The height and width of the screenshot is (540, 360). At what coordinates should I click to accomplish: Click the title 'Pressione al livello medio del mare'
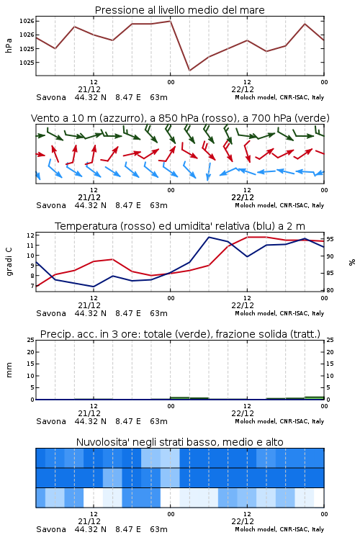click(x=180, y=10)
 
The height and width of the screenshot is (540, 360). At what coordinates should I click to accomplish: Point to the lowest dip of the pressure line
click(x=189, y=71)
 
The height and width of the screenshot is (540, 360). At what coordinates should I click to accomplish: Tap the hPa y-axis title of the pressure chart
click(x=9, y=45)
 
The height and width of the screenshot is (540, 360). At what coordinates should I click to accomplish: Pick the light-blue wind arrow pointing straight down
click(x=209, y=171)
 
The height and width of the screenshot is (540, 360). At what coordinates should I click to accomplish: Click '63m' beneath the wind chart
click(x=159, y=205)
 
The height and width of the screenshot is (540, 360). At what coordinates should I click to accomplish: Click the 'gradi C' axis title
click(x=9, y=262)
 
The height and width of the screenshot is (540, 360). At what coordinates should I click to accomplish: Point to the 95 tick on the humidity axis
click(x=330, y=239)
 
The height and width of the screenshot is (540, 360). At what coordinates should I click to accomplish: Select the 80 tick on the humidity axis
click(x=330, y=290)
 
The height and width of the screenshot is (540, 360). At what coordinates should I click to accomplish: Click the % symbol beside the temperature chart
click(x=352, y=262)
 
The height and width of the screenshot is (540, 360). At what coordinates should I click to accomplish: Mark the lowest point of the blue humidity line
click(x=94, y=287)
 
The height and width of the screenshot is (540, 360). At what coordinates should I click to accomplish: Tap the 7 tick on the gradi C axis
click(x=32, y=286)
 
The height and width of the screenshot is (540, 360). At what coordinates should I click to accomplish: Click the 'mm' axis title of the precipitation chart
click(x=9, y=370)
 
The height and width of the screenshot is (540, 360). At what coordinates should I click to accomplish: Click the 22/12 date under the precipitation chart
click(x=243, y=413)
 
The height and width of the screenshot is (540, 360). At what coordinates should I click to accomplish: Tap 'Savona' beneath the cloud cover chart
click(x=51, y=529)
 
